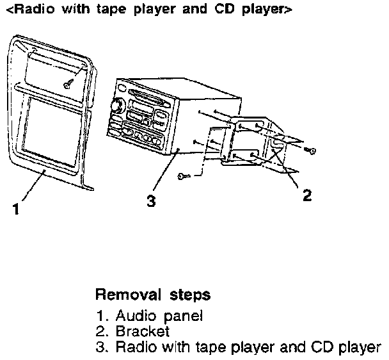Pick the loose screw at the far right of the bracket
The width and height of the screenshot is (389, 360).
(x=311, y=150)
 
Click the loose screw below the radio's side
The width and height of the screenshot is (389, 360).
(x=184, y=174)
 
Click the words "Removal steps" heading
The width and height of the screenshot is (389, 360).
(x=152, y=295)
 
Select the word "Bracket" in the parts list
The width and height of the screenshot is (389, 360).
(x=143, y=332)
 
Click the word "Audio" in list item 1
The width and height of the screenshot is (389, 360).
(x=134, y=316)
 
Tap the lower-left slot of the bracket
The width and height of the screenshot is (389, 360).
(x=237, y=156)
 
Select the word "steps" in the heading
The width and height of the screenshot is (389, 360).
(x=190, y=295)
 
